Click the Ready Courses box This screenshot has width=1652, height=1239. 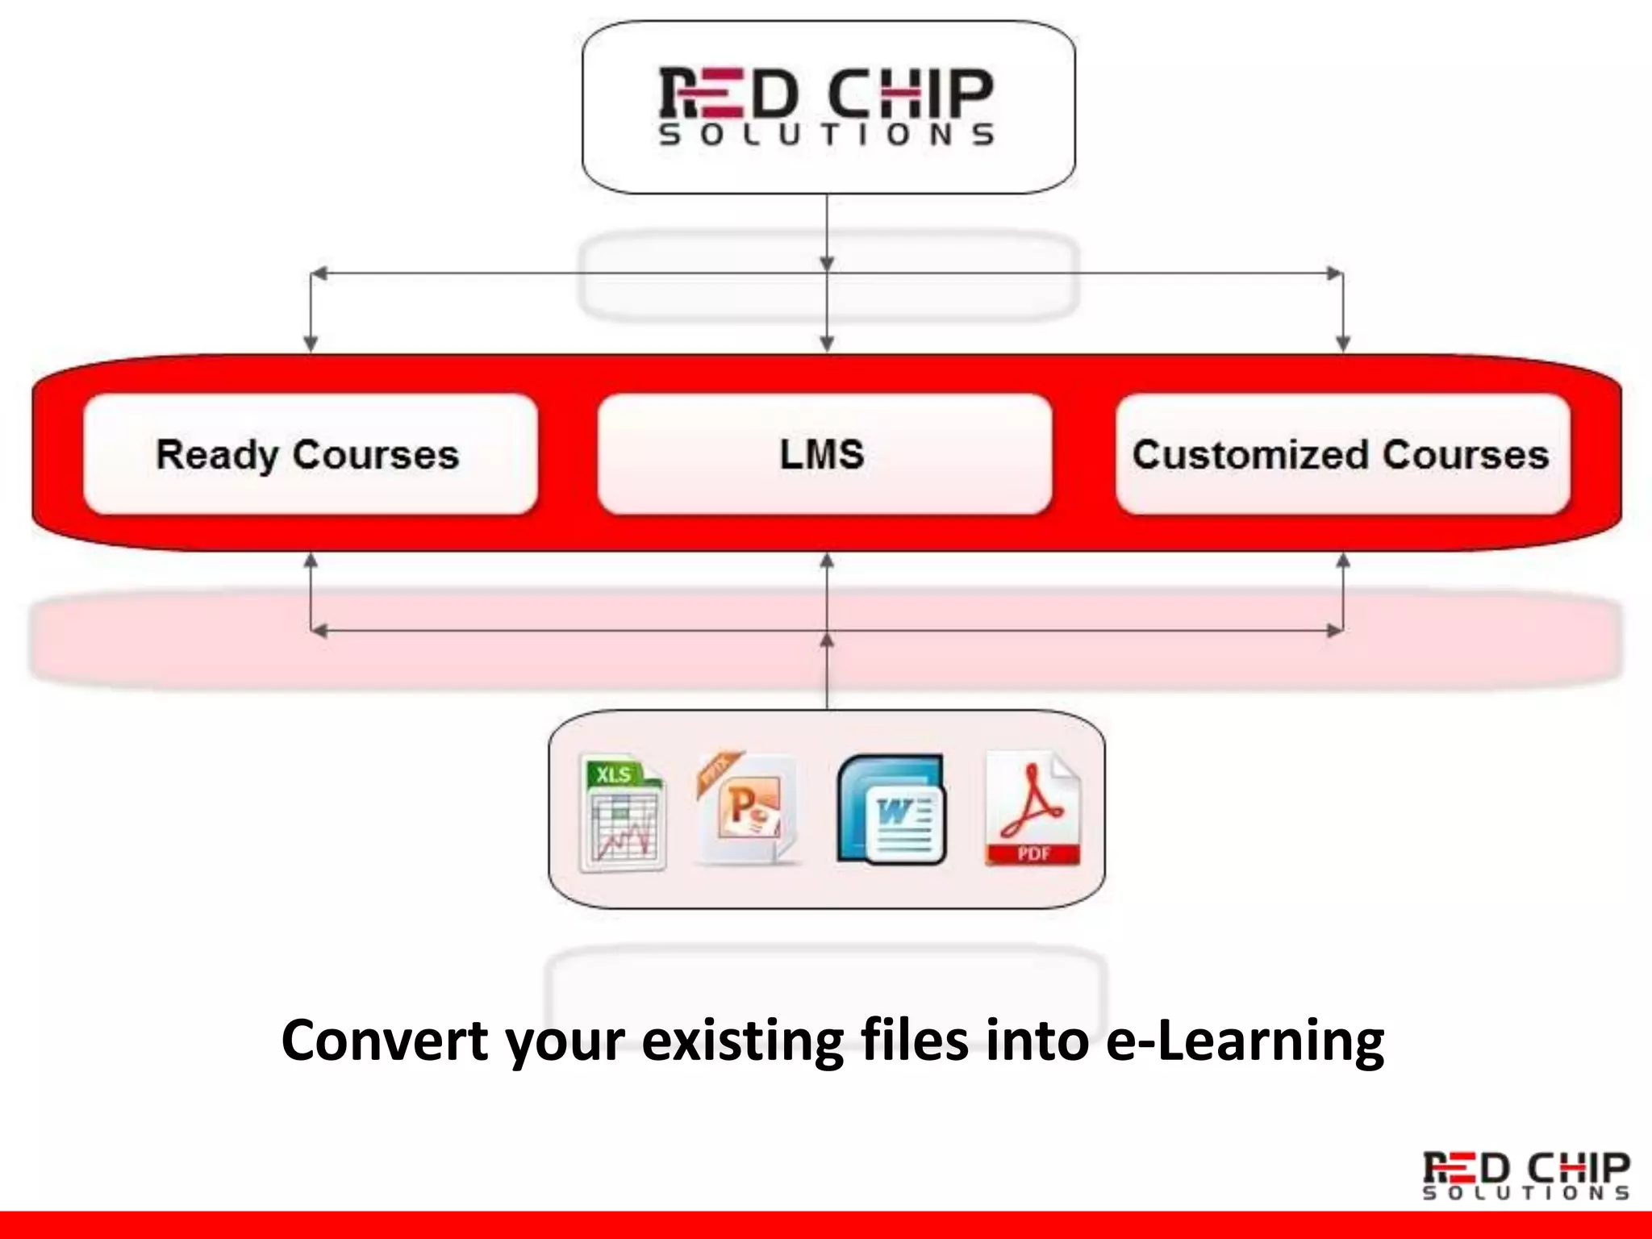tap(311, 454)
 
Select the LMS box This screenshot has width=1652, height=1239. tap(824, 454)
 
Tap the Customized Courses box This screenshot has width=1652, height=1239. tap(1342, 454)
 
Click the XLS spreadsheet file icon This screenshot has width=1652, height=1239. tap(622, 813)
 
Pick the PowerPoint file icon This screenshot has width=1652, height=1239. tap(747, 809)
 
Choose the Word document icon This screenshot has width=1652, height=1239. tap(891, 811)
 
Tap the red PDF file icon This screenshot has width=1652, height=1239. tap(1032, 809)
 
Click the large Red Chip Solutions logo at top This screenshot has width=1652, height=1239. tap(827, 106)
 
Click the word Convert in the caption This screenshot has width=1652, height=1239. tap(385, 1041)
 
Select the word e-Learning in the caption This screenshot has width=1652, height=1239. tap(1244, 1041)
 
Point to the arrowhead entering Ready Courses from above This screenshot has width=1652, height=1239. tap(311, 344)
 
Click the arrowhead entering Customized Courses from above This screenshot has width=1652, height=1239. tap(1343, 344)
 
